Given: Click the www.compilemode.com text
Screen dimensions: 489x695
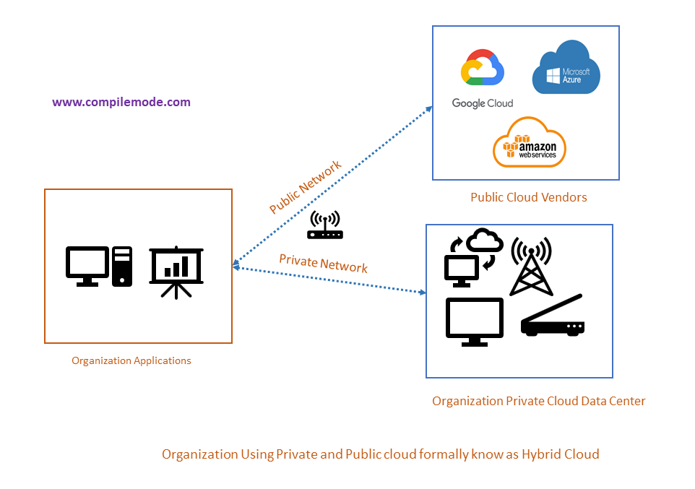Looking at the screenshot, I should [x=121, y=102].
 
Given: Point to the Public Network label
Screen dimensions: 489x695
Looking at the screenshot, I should [x=305, y=187].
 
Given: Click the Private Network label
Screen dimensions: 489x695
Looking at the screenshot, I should [x=323, y=263].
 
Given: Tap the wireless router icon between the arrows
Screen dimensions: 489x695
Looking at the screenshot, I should [x=325, y=225].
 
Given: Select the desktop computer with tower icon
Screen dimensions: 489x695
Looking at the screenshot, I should [x=99, y=266].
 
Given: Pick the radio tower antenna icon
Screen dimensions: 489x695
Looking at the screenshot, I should [x=531, y=266].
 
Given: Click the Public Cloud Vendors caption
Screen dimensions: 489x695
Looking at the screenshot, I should [x=529, y=197].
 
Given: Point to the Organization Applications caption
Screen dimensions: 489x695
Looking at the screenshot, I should [x=131, y=360].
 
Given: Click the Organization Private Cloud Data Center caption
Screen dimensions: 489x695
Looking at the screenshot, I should [x=538, y=401].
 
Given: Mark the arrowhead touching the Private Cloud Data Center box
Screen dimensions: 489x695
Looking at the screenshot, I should [x=422, y=292].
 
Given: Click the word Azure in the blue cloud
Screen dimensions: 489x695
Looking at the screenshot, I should [x=573, y=80].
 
